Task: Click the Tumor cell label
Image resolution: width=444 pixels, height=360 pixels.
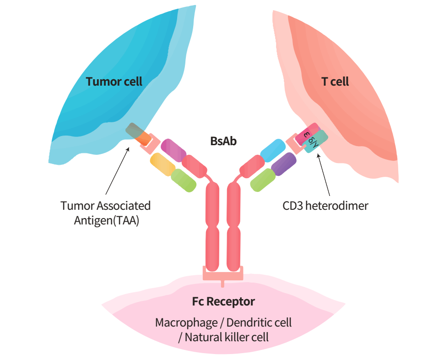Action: pos(114,82)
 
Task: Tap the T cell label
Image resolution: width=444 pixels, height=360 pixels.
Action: pos(335,82)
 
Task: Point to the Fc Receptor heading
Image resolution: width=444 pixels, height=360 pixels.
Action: pos(223,302)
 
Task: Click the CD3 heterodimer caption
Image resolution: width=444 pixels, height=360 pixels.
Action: pos(325,206)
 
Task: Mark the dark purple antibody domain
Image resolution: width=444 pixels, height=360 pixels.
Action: pos(284,164)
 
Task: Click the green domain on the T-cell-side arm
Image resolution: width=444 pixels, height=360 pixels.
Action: pos(263,180)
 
